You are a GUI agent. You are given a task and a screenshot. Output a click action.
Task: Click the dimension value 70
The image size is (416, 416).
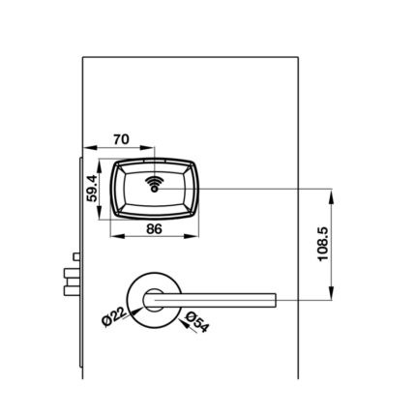pos(121,139)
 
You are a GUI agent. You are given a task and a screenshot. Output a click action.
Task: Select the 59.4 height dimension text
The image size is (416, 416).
pos(92,188)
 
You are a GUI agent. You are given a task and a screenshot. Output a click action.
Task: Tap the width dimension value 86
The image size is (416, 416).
pos(154,229)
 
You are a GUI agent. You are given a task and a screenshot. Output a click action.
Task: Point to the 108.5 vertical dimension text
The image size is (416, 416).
pos(323,244)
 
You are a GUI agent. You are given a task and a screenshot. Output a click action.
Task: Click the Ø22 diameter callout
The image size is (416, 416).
pos(113,317)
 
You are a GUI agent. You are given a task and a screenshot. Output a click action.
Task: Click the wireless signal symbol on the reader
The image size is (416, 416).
pos(155,185)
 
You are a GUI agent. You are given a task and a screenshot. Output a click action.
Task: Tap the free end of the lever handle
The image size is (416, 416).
pos(275,300)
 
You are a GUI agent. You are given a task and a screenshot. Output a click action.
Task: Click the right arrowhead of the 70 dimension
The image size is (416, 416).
pos(147,148)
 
